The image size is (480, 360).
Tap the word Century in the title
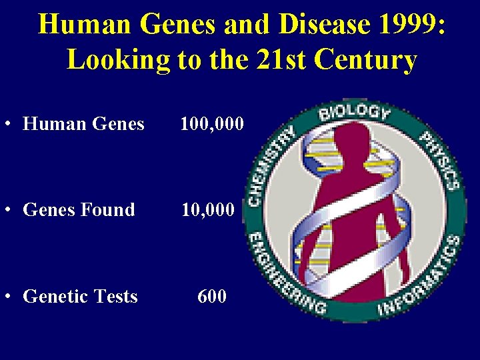point(367,60)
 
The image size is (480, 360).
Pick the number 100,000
point(211,124)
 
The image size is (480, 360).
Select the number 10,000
point(209,210)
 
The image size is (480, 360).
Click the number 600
point(212,296)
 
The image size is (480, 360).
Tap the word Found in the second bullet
point(107,210)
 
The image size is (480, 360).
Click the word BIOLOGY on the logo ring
point(354,113)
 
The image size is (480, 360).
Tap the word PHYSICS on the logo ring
point(439,159)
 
